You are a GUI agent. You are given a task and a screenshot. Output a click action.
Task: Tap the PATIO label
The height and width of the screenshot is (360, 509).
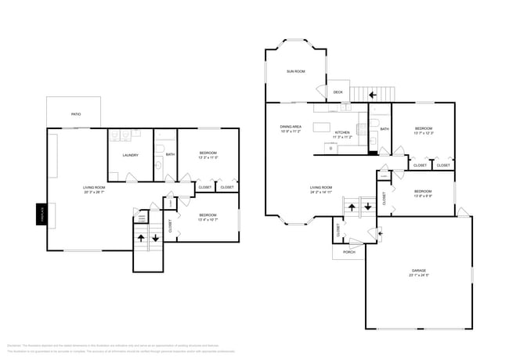(76, 114)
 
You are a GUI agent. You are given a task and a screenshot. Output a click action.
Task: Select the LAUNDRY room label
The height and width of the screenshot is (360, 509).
(130, 155)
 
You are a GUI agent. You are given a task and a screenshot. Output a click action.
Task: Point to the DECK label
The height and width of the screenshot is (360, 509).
(338, 92)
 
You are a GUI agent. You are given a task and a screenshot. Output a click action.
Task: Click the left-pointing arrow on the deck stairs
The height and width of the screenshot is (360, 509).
(373, 94)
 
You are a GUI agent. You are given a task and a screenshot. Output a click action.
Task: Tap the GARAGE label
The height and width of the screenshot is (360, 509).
(419, 270)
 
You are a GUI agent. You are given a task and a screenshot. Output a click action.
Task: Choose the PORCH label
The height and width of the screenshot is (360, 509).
(349, 252)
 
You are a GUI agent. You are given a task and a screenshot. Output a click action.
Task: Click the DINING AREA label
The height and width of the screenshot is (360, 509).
(291, 127)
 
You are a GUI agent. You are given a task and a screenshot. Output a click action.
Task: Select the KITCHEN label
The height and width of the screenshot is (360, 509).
(343, 133)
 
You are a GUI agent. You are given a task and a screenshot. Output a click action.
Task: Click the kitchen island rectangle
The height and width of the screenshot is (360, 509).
(323, 126)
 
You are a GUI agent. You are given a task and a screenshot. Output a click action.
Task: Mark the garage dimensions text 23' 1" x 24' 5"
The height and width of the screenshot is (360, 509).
(419, 275)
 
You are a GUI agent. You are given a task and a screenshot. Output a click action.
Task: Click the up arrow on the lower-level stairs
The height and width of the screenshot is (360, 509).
(141, 237)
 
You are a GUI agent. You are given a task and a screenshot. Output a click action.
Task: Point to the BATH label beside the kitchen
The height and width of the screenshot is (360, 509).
(384, 128)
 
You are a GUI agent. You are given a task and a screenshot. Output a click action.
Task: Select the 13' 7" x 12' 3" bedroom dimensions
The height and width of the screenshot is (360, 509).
(423, 133)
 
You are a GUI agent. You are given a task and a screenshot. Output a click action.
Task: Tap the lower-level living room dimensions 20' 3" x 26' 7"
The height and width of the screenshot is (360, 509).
(94, 193)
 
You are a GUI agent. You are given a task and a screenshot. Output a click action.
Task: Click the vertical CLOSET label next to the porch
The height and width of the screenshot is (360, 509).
(338, 230)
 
